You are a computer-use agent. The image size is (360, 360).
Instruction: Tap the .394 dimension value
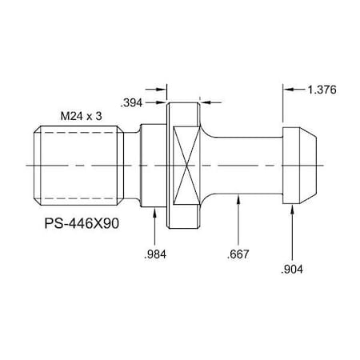click(132, 102)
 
